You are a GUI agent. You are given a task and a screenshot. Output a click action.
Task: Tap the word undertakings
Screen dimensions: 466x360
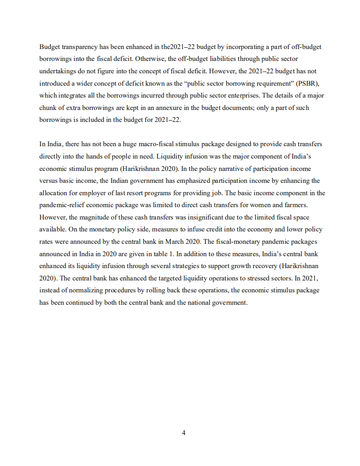pos(57,71)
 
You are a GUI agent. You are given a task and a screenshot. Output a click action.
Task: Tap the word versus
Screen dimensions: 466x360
pos(48,181)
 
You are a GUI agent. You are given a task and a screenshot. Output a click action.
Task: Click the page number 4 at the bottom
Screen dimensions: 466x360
pos(183,433)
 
